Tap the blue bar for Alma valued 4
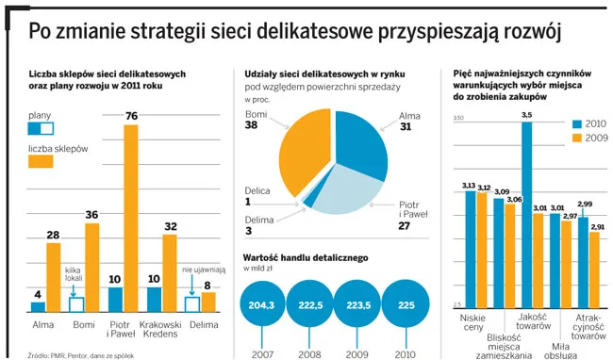[x=38, y=306]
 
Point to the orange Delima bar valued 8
[x=208, y=302]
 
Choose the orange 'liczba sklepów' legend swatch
[x=41, y=162]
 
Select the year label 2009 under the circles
[x=356, y=353]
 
